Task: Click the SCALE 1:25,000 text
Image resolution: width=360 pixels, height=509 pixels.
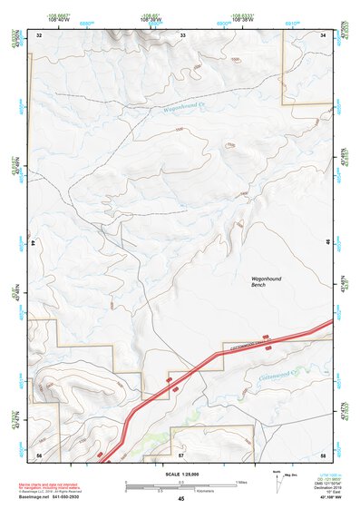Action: coord(180,474)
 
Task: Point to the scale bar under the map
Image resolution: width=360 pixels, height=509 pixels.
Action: coord(181,484)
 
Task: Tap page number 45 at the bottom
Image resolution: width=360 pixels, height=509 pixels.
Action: coord(181,499)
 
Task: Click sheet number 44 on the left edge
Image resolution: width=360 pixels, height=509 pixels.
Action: coord(34,244)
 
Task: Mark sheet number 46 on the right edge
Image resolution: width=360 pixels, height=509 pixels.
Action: coord(327,244)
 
